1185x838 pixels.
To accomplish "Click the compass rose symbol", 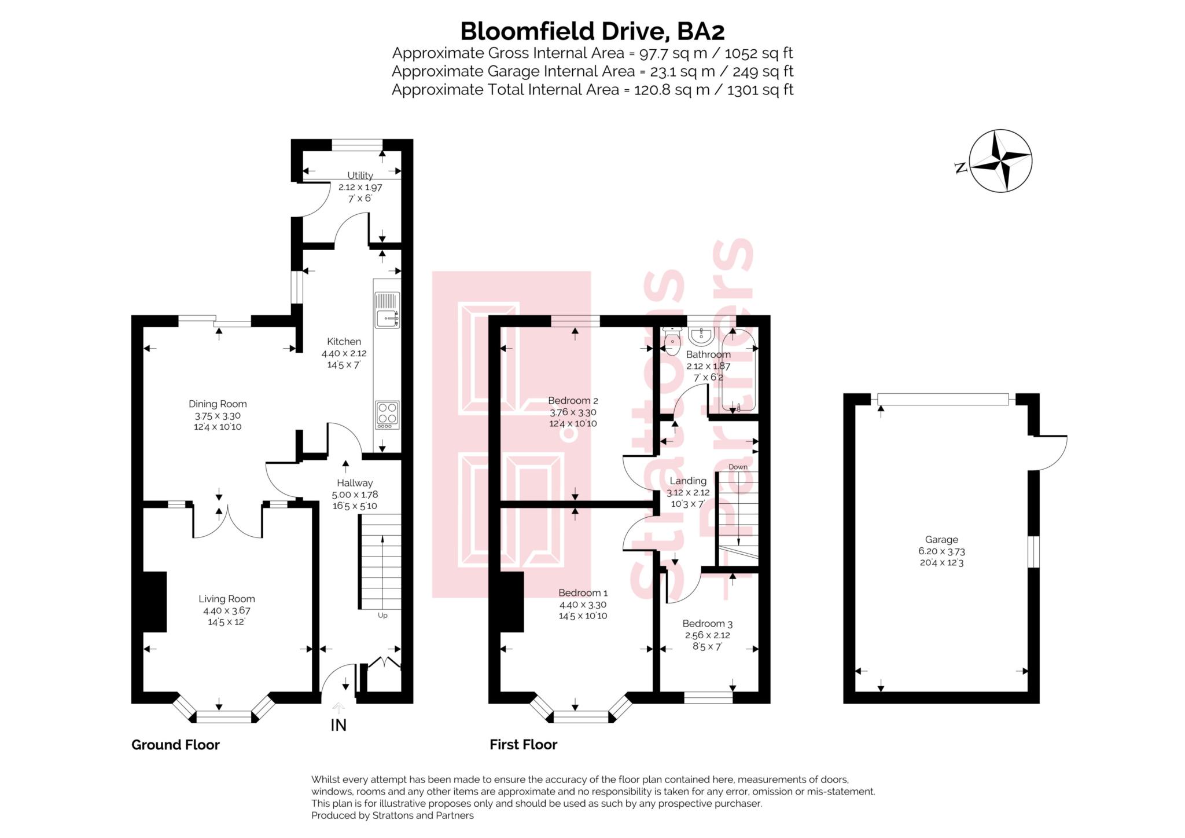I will pos(1000,160).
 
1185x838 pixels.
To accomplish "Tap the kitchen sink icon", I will pos(387,310).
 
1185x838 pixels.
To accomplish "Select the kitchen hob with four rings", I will pos(387,415).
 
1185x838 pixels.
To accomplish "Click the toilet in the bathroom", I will pos(672,342).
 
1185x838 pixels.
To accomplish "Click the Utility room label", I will pos(360,175).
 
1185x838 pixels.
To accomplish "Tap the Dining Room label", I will pos(218,404).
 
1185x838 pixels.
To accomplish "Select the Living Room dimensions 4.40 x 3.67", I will pos(226,610).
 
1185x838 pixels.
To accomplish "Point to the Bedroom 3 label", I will pos(707,623).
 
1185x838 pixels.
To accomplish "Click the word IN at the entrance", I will pos(338,724).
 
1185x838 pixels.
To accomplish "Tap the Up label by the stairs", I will pos(382,615).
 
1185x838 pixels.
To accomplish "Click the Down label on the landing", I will pos(738,467).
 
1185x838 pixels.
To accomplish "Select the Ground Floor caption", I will pos(175,745).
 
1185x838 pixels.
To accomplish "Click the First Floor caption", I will pos(523,745).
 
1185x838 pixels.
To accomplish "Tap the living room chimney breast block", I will pos(154,601).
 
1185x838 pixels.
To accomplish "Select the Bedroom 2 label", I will pos(573,400).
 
